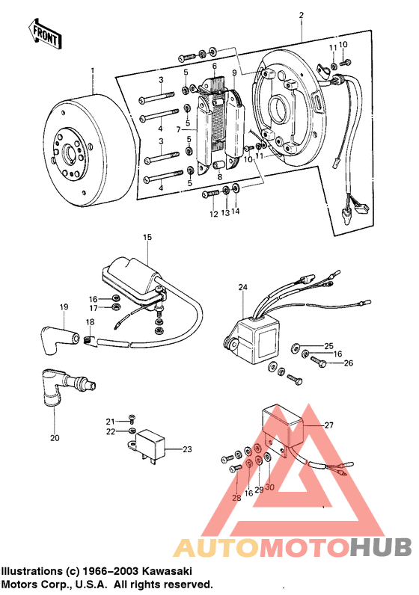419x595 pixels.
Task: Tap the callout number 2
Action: click(302, 16)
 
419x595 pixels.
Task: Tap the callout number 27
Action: click(327, 425)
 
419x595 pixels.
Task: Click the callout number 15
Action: click(147, 237)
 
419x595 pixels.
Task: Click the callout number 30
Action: click(270, 487)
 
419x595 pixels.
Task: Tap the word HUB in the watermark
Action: click(378, 548)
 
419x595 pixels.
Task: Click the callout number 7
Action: click(179, 129)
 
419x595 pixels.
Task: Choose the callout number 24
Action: click(242, 287)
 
